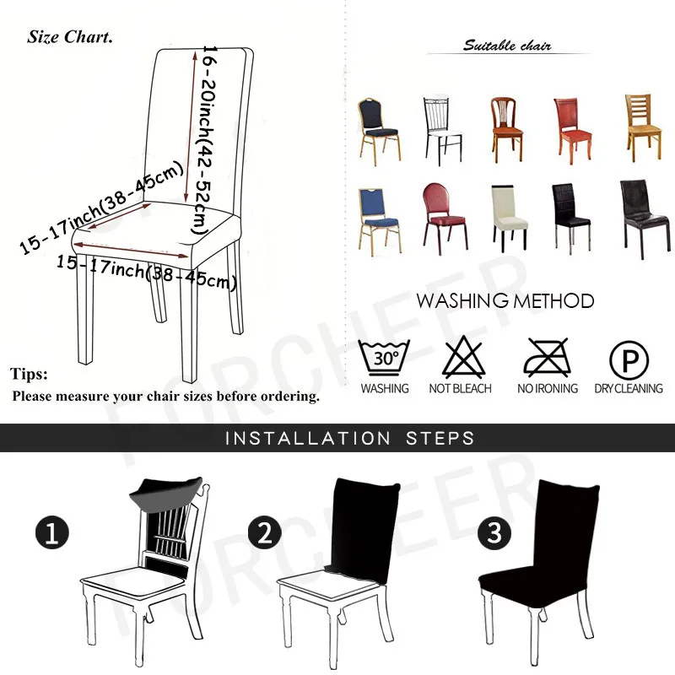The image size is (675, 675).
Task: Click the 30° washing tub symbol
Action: [384, 357]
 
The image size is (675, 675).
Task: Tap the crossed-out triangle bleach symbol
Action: [463, 357]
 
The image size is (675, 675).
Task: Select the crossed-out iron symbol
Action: [547, 357]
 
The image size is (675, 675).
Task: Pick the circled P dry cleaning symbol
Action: [629, 360]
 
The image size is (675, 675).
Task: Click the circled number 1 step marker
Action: [52, 532]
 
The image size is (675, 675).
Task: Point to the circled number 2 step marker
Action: [264, 532]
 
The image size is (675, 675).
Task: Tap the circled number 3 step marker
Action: [494, 533]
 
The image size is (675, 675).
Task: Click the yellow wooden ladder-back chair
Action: [643, 127]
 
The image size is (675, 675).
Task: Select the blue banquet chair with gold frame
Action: [379, 222]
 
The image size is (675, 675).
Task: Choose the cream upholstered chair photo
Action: [510, 219]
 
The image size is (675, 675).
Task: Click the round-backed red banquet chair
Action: [445, 219]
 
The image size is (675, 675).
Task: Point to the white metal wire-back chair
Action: [443, 132]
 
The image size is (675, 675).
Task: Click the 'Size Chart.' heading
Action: [70, 37]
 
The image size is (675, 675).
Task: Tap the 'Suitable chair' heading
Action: [507, 46]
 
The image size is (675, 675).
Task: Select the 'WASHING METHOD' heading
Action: [505, 301]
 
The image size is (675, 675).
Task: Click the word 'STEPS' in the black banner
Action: [440, 438]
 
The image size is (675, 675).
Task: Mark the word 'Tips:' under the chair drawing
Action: [29, 374]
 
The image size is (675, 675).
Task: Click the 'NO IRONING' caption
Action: [548, 389]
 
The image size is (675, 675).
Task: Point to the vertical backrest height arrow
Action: [191, 127]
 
